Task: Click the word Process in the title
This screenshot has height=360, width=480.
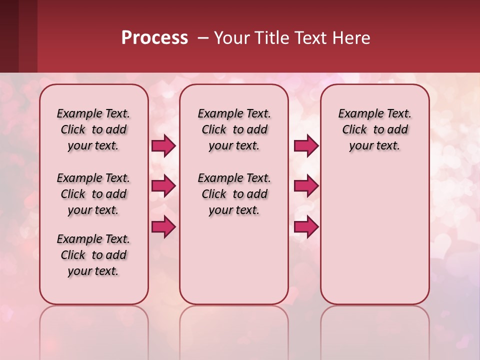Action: [154, 38]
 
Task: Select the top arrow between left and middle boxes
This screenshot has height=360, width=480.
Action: [163, 145]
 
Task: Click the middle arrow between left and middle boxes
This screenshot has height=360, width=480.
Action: [163, 186]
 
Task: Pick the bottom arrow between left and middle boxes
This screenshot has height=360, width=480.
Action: [163, 227]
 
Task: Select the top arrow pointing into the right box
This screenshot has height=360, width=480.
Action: [306, 145]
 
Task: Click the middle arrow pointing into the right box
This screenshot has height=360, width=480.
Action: [306, 186]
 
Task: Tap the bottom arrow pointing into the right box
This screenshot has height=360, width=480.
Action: [306, 227]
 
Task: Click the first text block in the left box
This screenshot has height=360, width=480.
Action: [93, 129]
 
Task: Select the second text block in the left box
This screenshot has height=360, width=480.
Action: [93, 194]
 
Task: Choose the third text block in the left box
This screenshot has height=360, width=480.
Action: [93, 255]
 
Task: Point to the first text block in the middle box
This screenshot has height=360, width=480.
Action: [234, 129]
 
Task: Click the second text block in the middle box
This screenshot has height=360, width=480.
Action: [234, 194]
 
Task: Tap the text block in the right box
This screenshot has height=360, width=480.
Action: [374, 129]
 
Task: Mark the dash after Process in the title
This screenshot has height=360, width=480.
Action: [203, 38]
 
